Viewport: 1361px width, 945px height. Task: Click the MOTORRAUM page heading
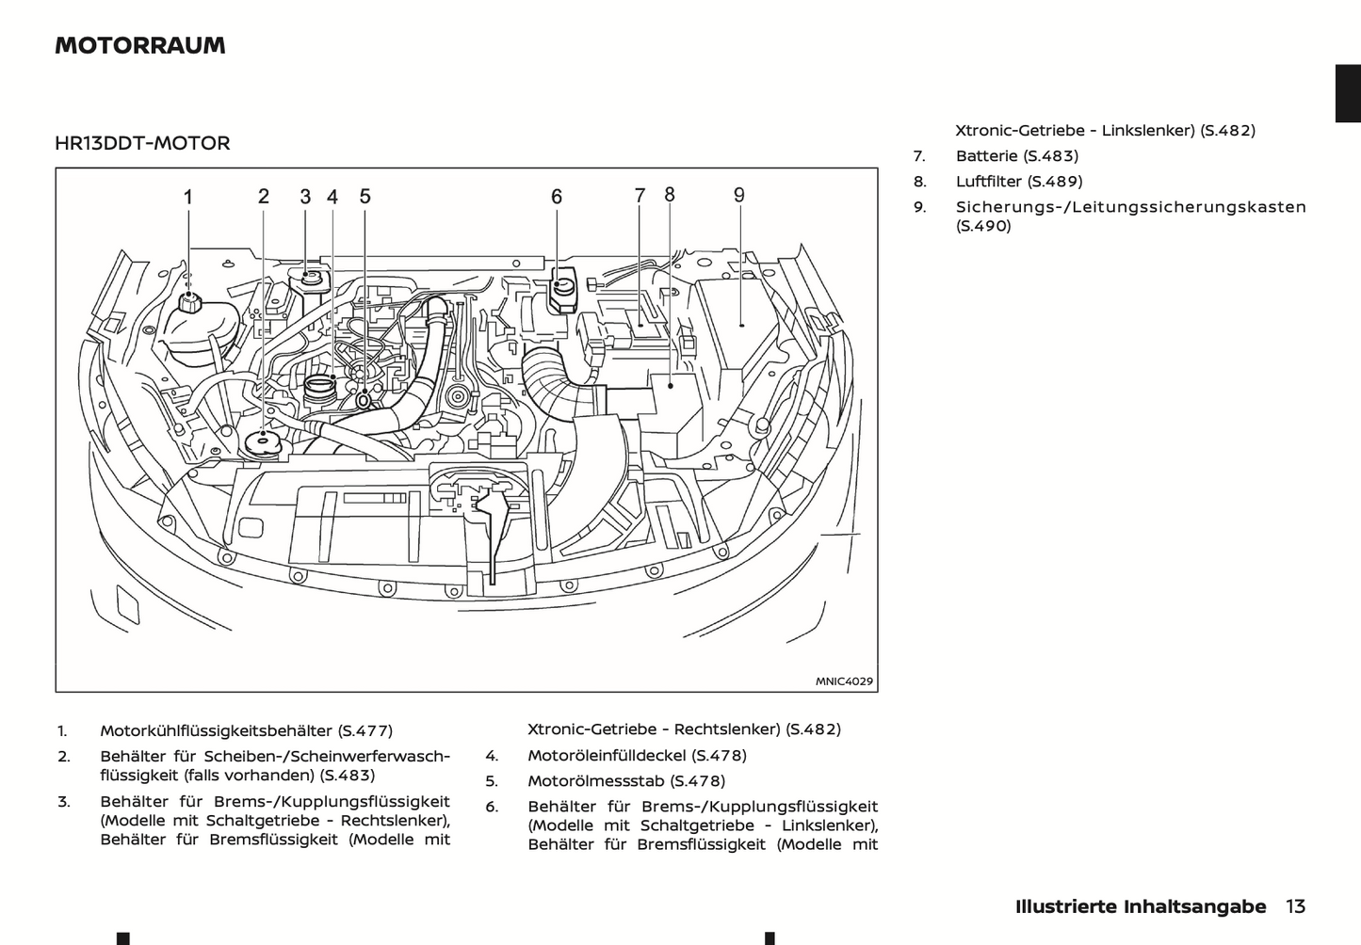tap(140, 45)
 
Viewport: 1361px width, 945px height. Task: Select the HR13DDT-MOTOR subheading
tap(142, 143)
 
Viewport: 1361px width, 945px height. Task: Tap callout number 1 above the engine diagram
tap(188, 197)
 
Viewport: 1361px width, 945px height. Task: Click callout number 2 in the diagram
tap(264, 196)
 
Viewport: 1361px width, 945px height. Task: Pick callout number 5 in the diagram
tap(365, 196)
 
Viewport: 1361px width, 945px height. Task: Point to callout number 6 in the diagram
tap(557, 196)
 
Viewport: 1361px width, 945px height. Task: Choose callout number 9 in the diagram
tap(739, 195)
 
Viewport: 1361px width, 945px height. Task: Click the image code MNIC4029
tap(844, 681)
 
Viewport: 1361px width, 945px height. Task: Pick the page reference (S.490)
tap(983, 226)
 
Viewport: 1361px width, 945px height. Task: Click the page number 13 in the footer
tap(1295, 906)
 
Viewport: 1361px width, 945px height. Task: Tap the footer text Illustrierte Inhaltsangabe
tap(1141, 906)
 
